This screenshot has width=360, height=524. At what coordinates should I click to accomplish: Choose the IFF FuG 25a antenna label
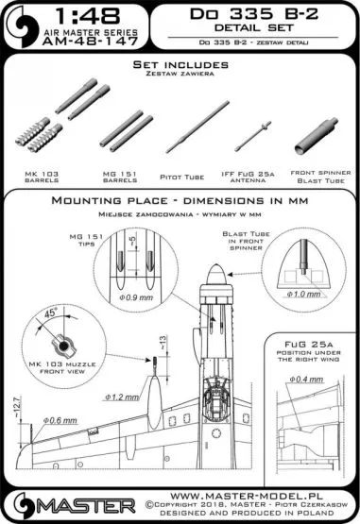[250, 179]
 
